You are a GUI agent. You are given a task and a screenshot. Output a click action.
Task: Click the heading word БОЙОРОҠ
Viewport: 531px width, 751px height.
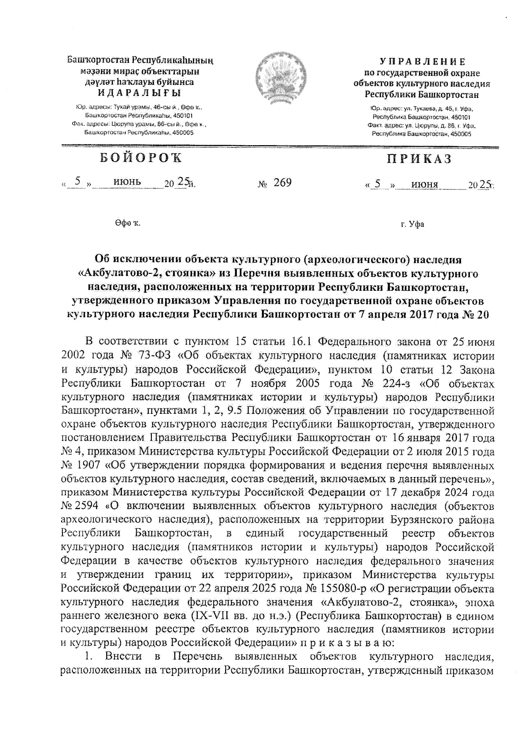(140, 158)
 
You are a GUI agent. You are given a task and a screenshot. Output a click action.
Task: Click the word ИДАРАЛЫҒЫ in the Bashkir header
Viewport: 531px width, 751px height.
(140, 92)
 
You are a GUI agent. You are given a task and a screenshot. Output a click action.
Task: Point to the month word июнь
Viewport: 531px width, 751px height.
(127, 181)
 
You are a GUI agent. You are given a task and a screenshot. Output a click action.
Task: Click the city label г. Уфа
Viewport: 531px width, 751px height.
(412, 224)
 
